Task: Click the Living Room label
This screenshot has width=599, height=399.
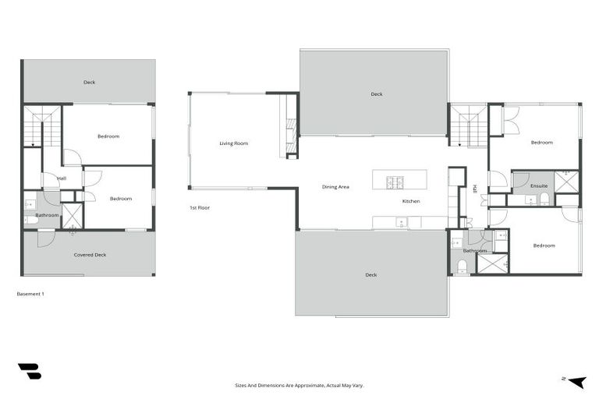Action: tap(233, 143)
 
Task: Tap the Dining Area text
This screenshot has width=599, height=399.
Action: tap(336, 187)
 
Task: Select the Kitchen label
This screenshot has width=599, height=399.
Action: tap(411, 201)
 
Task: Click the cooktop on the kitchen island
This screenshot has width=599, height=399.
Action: tap(395, 182)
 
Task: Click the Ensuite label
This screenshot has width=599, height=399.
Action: tap(539, 186)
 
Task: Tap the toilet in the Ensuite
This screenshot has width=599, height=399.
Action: tap(544, 199)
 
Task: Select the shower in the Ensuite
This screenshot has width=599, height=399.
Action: tap(567, 182)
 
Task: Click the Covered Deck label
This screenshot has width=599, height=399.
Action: tap(90, 255)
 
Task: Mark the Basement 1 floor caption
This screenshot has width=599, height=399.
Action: tap(30, 294)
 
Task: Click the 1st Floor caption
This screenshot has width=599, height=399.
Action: tap(199, 208)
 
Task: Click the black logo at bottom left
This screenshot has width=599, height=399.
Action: tap(30, 372)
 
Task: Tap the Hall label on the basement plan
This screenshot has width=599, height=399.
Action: tap(62, 178)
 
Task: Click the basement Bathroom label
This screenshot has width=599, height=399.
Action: tap(47, 215)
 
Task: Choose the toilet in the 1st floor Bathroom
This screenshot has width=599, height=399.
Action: tap(461, 267)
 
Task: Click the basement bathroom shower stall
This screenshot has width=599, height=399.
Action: tap(73, 216)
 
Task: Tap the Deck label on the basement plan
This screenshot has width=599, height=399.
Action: tap(90, 82)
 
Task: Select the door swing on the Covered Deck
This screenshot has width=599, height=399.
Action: tap(45, 238)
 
